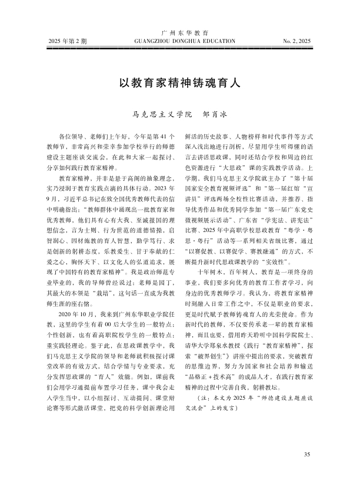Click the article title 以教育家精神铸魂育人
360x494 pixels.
pos(179,82)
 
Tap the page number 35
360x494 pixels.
pos(306,470)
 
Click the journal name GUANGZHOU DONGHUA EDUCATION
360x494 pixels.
pos(180,41)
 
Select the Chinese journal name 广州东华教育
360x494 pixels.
pos(180,32)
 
